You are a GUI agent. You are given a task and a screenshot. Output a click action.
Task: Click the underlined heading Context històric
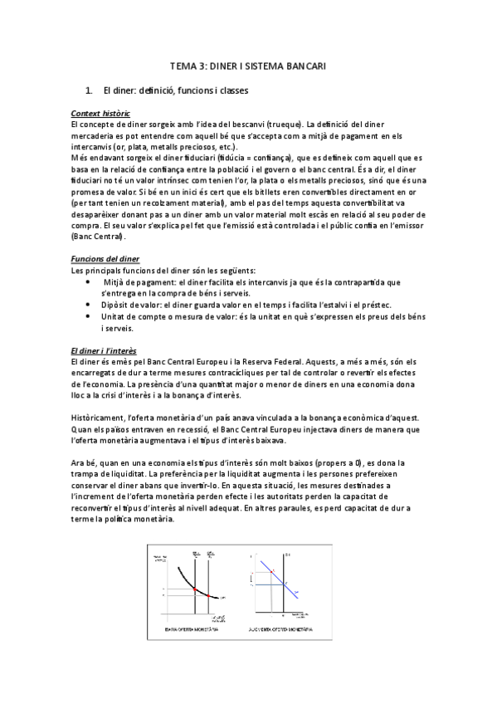[x=100, y=113]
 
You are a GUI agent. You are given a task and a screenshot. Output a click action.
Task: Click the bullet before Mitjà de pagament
[x=89, y=282]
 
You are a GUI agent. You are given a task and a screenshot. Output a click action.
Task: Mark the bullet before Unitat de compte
[x=89, y=316]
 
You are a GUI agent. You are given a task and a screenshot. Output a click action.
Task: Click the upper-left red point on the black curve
[x=194, y=589]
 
